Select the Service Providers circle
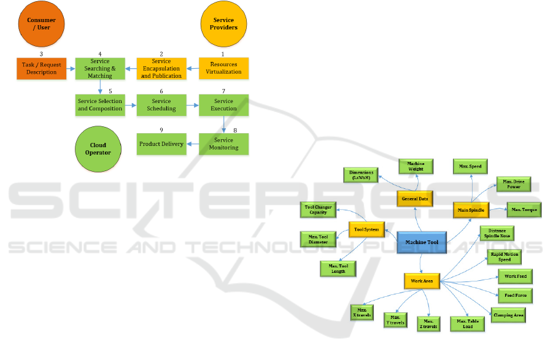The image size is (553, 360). coord(223,24)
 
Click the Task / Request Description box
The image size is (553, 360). coord(42,68)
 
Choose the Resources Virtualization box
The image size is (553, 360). coord(223,68)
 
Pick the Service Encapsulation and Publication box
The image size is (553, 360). coord(161,68)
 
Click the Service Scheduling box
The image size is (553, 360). coord(161,105)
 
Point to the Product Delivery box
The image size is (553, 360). coord(161,144)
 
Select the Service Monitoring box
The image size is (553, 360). coord(223,144)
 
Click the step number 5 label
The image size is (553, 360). coord(110,91)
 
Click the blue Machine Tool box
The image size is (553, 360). coord(422,242)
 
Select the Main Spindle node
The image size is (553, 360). coord(471,210)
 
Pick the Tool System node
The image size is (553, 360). coord(366,229)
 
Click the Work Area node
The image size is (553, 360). coord(422,281)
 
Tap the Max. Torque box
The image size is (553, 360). coord(524,210)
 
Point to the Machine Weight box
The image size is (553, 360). coord(416,166)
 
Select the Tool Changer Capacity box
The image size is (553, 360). coord(318,210)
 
